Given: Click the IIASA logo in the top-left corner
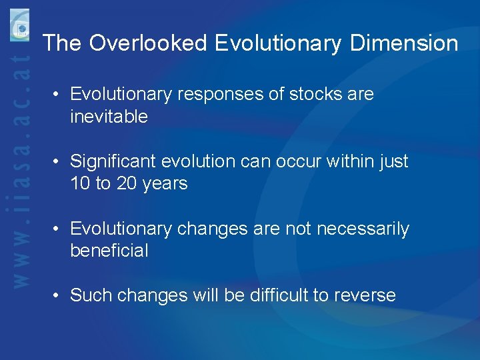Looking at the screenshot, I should pyautogui.click(x=20, y=25).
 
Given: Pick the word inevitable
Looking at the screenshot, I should pyautogui.click(x=109, y=117).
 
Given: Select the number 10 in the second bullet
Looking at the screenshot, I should pyautogui.click(x=80, y=184).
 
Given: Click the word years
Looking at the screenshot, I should pyautogui.click(x=165, y=184).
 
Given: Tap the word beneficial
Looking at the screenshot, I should pyautogui.click(x=109, y=251).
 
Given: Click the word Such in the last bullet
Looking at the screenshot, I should pyautogui.click(x=91, y=295).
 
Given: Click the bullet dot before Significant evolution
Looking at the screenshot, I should pyautogui.click(x=59, y=162).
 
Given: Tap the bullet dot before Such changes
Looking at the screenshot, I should pyautogui.click(x=59, y=296).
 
